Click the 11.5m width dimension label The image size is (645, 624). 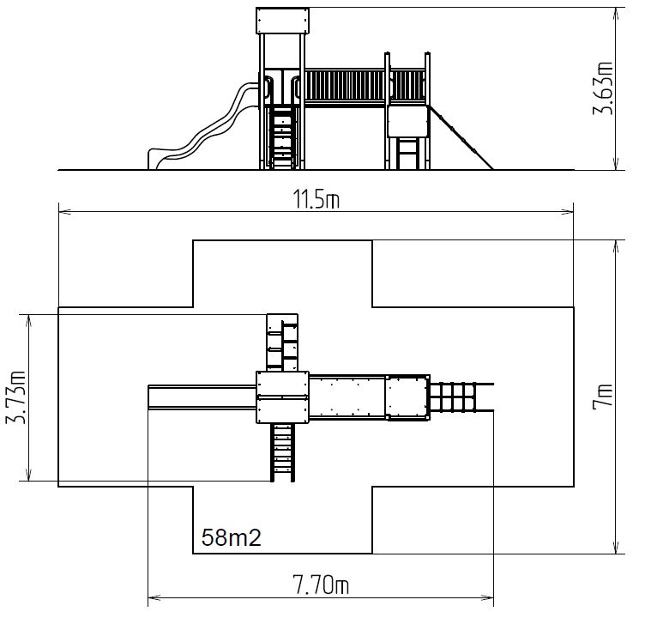click(316, 199)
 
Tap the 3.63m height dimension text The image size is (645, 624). click(603, 88)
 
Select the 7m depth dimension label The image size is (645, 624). click(603, 396)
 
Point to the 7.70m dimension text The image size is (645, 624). click(321, 585)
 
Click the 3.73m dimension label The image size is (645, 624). click(15, 397)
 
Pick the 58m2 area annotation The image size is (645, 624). click(232, 537)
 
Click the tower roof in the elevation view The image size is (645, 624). click(282, 20)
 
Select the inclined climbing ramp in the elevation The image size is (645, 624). click(461, 137)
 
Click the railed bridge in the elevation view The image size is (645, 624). click(345, 88)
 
